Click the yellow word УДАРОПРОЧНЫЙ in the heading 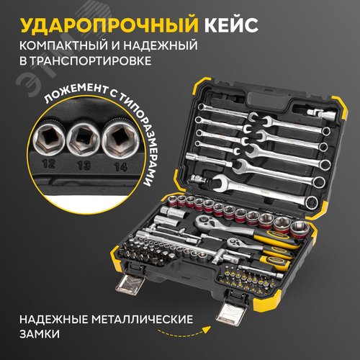[109, 25]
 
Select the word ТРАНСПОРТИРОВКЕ [89, 60]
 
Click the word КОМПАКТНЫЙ [63, 45]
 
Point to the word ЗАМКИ [40, 334]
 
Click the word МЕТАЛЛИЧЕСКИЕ [143, 320]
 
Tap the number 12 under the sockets [49, 163]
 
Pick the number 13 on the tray [84, 166]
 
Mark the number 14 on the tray [120, 167]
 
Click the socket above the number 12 [49, 138]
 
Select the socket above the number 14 [120, 139]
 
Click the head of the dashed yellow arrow [207, 329]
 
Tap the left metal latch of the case [130, 283]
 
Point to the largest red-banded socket [300, 230]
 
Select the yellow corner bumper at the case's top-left [201, 87]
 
